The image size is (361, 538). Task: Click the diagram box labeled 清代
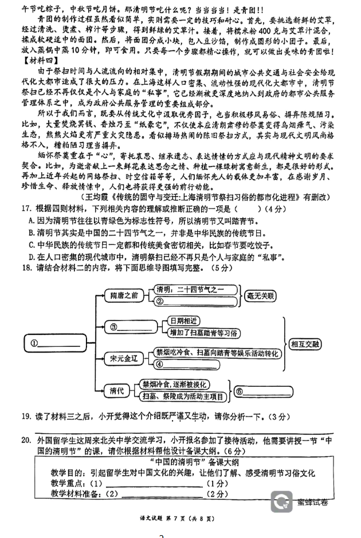click(x=117, y=391)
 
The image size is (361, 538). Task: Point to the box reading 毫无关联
click(x=260, y=296)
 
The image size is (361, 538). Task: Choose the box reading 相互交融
click(x=305, y=343)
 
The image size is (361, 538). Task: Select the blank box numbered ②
click(x=195, y=302)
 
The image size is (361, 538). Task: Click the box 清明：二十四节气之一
click(x=195, y=290)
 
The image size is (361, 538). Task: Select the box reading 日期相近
click(x=183, y=321)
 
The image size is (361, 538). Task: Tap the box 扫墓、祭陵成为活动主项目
click(x=183, y=397)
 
